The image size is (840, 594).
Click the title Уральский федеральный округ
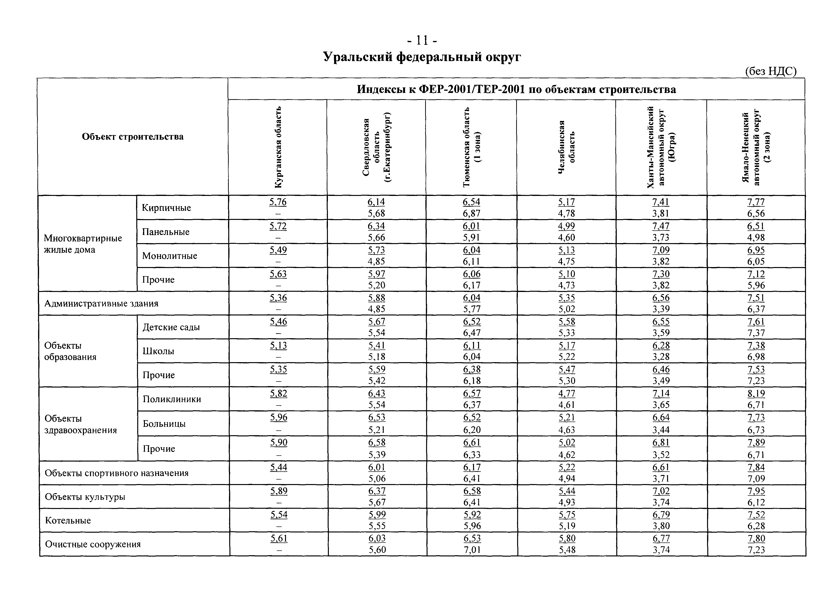coord(422,57)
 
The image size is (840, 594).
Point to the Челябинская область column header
coord(566,147)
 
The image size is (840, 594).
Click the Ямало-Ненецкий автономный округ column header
coord(756,147)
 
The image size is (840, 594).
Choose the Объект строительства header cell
coord(132,137)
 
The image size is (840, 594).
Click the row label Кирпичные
coord(166,208)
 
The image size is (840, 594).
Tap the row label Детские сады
coord(171,327)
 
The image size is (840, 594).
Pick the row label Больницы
coord(164,423)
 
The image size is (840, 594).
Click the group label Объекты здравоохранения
coord(80,424)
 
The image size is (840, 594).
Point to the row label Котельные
coord(68,520)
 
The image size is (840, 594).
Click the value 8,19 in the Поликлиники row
coord(756,394)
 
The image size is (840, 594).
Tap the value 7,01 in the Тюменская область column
coord(472,550)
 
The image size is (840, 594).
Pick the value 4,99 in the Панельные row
coord(566,226)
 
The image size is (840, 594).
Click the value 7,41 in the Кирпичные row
coord(661,202)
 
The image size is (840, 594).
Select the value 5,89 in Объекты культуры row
coord(279,491)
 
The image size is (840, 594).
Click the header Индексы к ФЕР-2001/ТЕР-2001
coord(516,89)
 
